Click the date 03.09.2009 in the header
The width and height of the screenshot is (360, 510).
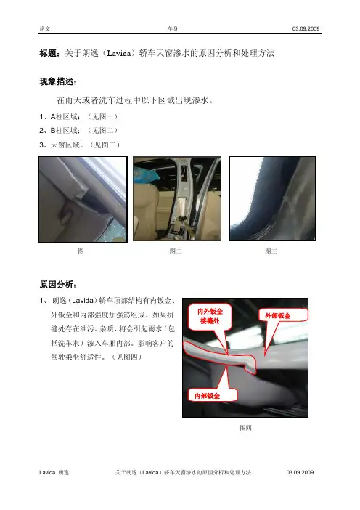[x=306, y=28]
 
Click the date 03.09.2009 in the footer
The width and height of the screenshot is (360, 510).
[x=300, y=472]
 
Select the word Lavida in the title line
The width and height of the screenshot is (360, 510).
[x=118, y=53]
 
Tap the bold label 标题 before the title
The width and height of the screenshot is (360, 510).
[x=48, y=53]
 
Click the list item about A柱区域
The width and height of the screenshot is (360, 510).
[x=78, y=116]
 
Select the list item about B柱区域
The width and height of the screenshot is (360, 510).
[x=78, y=131]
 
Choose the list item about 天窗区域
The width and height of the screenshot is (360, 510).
[x=80, y=145]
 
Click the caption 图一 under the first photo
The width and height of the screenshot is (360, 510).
[x=83, y=251]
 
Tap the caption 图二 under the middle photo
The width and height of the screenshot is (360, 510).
[x=176, y=251]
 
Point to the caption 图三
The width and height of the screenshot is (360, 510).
[x=271, y=251]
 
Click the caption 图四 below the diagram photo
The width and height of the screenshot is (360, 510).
[x=245, y=428]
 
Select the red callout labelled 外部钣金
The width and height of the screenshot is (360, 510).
[x=282, y=315]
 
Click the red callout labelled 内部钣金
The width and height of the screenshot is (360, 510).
[x=212, y=395]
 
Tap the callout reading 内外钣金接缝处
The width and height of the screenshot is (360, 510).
[x=210, y=316]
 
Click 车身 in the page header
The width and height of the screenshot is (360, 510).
[x=173, y=28]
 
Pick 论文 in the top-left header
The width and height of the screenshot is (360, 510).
[x=45, y=28]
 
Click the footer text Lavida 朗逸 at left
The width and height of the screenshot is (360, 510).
[x=54, y=472]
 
